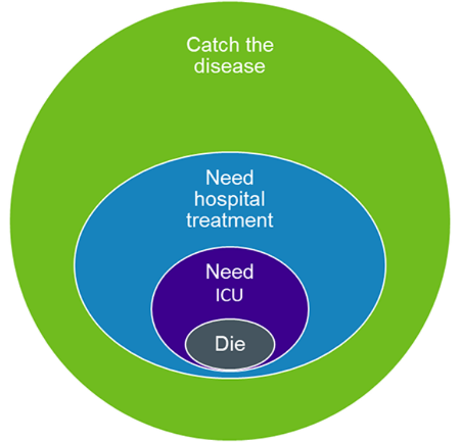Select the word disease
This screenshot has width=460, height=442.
point(229,65)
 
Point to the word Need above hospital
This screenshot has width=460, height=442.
point(229,178)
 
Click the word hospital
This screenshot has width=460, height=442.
point(229,199)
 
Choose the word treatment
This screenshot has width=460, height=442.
point(229,220)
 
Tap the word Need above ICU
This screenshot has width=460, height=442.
point(229,272)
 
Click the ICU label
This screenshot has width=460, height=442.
point(229,295)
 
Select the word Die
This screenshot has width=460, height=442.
point(230,344)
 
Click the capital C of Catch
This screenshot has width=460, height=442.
point(193,45)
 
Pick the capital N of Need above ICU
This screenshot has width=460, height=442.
point(212,272)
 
